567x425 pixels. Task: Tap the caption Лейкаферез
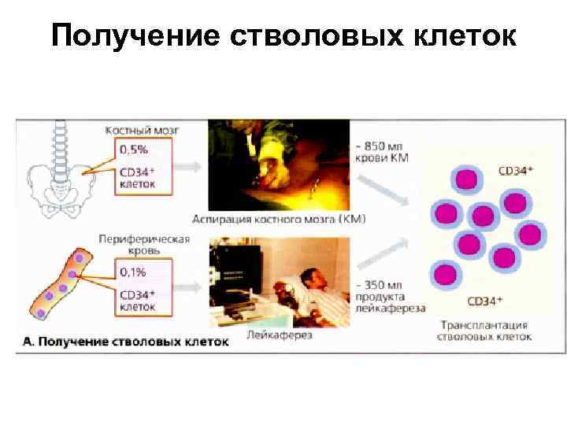[280, 334]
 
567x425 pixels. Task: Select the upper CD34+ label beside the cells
[517, 169]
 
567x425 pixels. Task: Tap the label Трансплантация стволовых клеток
[484, 331]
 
